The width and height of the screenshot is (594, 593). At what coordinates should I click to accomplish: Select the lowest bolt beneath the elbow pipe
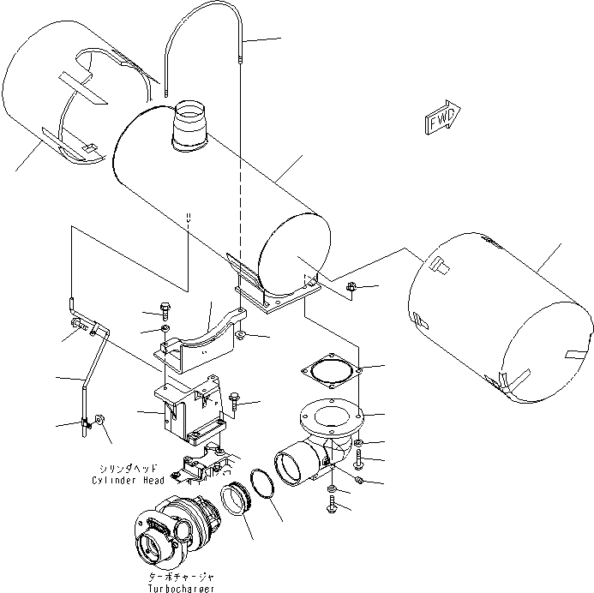(332, 507)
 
